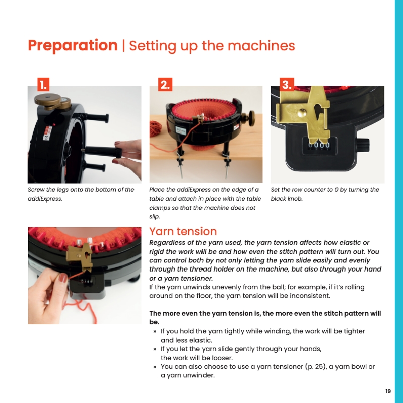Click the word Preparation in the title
pyautogui.click(x=73, y=46)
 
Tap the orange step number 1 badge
pyautogui.click(x=43, y=84)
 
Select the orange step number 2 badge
pyautogui.click(x=165, y=84)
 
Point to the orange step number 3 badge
pyautogui.click(x=287, y=84)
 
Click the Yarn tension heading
pyautogui.click(x=183, y=231)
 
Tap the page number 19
pyautogui.click(x=388, y=391)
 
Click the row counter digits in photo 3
pyautogui.click(x=319, y=145)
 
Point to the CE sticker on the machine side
pyautogui.click(x=47, y=133)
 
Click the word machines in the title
pyautogui.click(x=261, y=46)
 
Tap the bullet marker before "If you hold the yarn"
pyautogui.click(x=155, y=332)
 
